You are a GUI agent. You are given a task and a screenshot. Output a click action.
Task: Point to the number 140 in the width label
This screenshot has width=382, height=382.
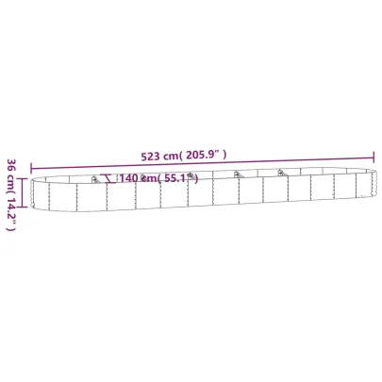pos(127,178)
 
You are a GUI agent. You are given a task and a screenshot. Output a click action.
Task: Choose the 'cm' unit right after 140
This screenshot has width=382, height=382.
pos(144,178)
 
